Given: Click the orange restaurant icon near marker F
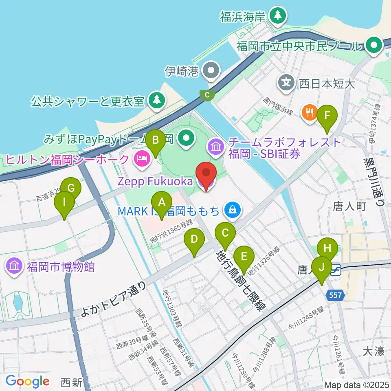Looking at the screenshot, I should pyautogui.click(x=310, y=112).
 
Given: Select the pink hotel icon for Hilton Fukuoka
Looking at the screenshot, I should pyautogui.click(x=141, y=158).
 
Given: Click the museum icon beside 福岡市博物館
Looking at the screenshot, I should pyautogui.click(x=14, y=267).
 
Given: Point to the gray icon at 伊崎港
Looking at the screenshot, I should pyautogui.click(x=211, y=71).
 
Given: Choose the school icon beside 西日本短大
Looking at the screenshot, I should pyautogui.click(x=287, y=83).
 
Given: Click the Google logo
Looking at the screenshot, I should pyautogui.click(x=28, y=381).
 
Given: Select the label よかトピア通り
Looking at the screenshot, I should pyautogui.click(x=115, y=301).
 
